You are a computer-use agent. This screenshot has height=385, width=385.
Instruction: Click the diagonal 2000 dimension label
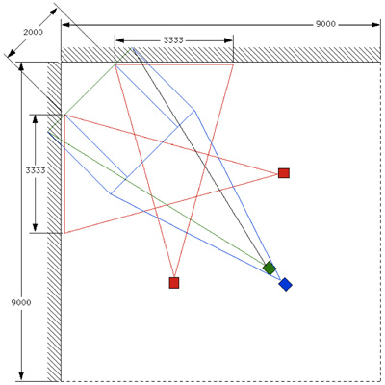33,32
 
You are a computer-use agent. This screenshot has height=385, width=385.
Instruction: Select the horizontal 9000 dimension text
325,24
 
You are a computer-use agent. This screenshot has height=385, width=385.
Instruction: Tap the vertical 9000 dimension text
21,302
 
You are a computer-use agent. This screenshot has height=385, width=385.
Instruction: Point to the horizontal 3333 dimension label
173,40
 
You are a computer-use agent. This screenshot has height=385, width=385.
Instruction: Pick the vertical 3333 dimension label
36,170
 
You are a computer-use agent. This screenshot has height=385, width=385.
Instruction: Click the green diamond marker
269,268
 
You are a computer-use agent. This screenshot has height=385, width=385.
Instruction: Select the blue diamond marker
285,284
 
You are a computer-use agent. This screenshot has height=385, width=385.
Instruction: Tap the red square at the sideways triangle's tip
284,173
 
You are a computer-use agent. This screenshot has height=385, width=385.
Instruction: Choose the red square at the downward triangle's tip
174,283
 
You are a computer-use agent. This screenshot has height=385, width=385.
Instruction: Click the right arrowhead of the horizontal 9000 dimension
375,25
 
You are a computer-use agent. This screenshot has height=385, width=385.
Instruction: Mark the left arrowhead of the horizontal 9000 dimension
65,25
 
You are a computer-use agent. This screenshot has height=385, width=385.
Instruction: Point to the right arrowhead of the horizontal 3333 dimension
228,40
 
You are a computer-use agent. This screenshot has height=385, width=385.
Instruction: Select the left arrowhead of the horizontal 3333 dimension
119,40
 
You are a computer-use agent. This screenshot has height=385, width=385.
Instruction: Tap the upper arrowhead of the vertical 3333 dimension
36,119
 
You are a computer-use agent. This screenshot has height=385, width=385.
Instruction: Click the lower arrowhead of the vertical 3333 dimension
36,228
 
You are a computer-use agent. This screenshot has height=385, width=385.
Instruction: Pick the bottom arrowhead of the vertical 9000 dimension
21,377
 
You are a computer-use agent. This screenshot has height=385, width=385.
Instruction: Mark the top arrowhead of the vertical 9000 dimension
21,66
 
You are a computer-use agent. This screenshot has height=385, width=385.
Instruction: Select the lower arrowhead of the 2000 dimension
11,53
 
